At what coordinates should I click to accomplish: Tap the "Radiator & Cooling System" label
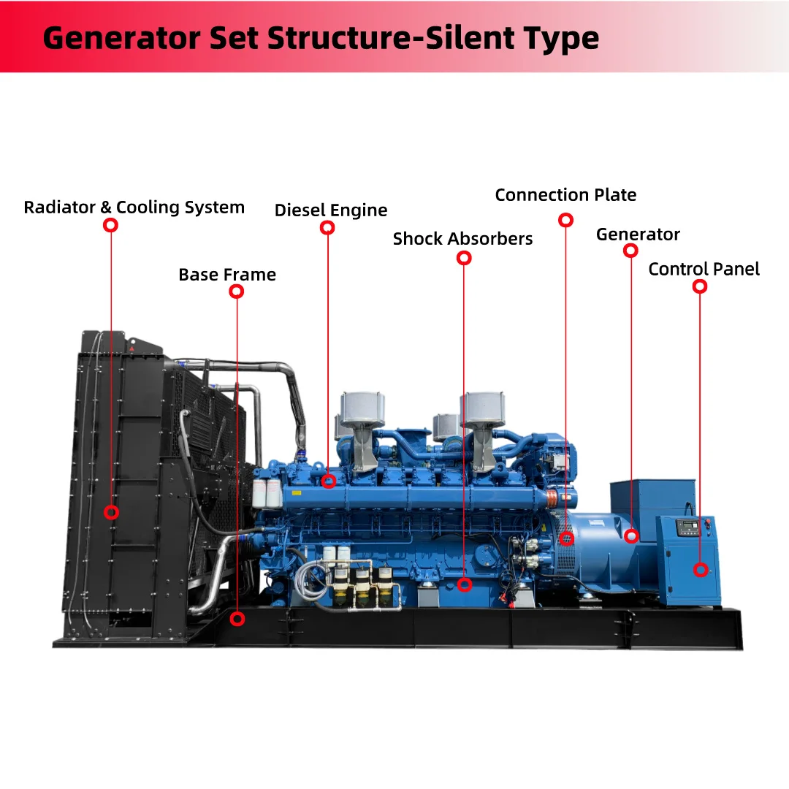[134, 207]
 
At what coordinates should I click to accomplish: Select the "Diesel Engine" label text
[331, 210]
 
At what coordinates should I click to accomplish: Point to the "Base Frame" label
[227, 275]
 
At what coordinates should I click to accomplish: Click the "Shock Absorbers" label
[462, 239]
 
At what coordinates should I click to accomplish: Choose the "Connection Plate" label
[565, 195]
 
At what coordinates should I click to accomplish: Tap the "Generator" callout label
[638, 235]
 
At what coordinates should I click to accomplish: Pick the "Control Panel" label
[704, 269]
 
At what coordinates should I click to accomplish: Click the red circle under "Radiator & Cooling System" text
[110, 225]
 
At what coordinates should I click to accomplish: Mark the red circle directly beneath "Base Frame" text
[236, 291]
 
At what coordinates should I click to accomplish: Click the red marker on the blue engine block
[329, 481]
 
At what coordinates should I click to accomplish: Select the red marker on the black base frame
[237, 619]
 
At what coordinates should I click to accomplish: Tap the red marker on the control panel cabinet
[701, 569]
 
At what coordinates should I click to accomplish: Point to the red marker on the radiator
[111, 512]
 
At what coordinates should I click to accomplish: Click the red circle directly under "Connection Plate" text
[565, 220]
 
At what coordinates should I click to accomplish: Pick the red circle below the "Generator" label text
[630, 251]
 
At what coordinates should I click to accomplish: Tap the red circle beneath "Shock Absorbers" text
[464, 258]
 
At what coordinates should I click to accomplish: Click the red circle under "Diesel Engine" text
[327, 228]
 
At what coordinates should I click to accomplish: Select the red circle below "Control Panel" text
[700, 286]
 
